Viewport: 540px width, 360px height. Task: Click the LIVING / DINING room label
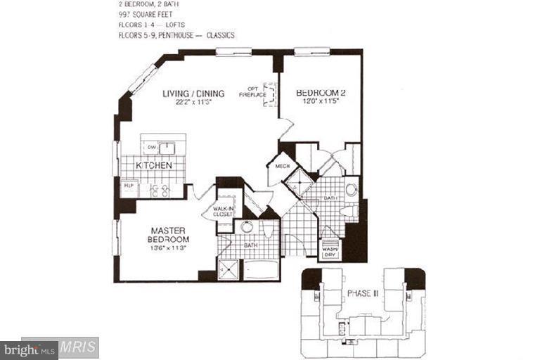click(193, 94)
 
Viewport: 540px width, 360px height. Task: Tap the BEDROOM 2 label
click(321, 93)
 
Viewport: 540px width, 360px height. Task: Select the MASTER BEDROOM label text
click(169, 233)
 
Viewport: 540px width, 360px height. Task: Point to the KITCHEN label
click(154, 165)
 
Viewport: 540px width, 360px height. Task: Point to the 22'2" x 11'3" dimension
click(193, 103)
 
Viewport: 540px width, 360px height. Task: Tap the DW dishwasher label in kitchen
click(151, 148)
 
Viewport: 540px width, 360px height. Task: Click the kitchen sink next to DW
click(167, 148)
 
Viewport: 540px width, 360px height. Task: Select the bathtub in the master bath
click(260, 271)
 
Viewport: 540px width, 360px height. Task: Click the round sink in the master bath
click(247, 227)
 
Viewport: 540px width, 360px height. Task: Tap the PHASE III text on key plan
click(364, 292)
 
